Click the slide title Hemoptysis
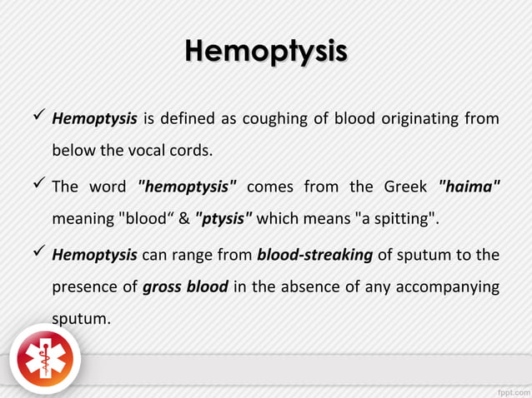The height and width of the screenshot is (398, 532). click(x=265, y=50)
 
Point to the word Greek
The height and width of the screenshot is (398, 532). click(x=405, y=186)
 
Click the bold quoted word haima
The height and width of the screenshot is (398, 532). click(x=469, y=186)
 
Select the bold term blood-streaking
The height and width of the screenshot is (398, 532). click(x=314, y=254)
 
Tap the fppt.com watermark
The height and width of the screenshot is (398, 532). click(x=509, y=389)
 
